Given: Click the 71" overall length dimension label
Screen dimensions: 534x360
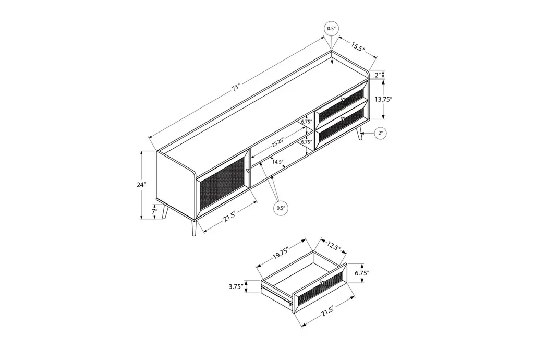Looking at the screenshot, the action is coord(236,88).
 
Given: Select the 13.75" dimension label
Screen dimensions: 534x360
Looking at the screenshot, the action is coord(384,99).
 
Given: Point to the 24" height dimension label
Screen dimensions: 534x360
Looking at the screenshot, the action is coord(141,185).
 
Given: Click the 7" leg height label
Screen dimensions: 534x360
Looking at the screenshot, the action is coord(155,211).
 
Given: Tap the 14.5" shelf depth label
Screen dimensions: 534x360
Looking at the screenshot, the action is coord(278,162).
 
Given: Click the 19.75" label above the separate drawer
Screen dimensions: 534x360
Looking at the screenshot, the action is coord(280,253).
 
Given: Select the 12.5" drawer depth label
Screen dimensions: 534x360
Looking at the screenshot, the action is coord(334,245).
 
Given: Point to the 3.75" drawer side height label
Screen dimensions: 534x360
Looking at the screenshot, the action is coord(236,286).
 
